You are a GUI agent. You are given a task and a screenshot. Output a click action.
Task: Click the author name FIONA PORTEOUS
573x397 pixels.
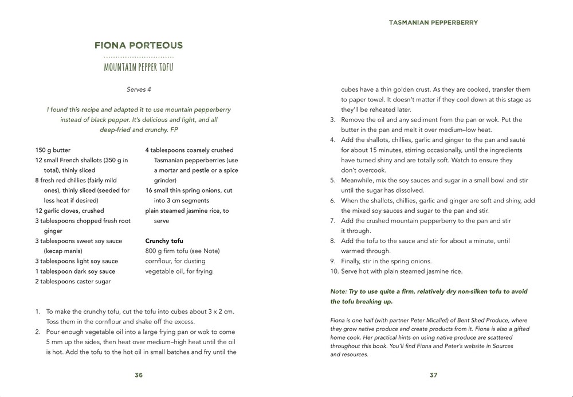[139, 45]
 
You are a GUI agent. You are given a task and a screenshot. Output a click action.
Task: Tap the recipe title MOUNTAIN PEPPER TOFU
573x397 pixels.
[139, 68]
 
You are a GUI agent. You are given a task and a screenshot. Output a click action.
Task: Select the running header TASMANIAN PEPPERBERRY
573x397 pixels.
[433, 23]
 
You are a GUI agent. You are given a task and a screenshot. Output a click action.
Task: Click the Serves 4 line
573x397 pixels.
[139, 89]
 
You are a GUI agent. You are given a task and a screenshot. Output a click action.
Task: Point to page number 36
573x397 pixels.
[139, 375]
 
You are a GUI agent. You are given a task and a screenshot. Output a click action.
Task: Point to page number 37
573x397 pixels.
[433, 375]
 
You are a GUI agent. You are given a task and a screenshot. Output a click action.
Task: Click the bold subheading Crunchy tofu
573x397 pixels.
[164, 241]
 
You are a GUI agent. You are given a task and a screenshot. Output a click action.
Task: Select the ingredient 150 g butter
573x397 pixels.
[53, 150]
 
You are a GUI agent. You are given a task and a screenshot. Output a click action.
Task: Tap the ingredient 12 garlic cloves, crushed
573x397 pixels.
[69, 211]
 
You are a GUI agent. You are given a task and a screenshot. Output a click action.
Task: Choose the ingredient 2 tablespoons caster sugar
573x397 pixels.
[73, 282]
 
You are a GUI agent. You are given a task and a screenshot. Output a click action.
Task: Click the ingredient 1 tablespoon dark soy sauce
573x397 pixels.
[75, 271]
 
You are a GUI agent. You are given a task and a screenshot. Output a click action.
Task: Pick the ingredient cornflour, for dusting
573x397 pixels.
[175, 261]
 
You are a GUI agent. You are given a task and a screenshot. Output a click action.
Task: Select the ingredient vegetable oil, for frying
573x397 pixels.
[179, 271]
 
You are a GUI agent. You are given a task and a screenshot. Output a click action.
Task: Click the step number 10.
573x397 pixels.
[334, 271]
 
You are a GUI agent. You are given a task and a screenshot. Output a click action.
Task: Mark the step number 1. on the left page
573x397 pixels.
[38, 312]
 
